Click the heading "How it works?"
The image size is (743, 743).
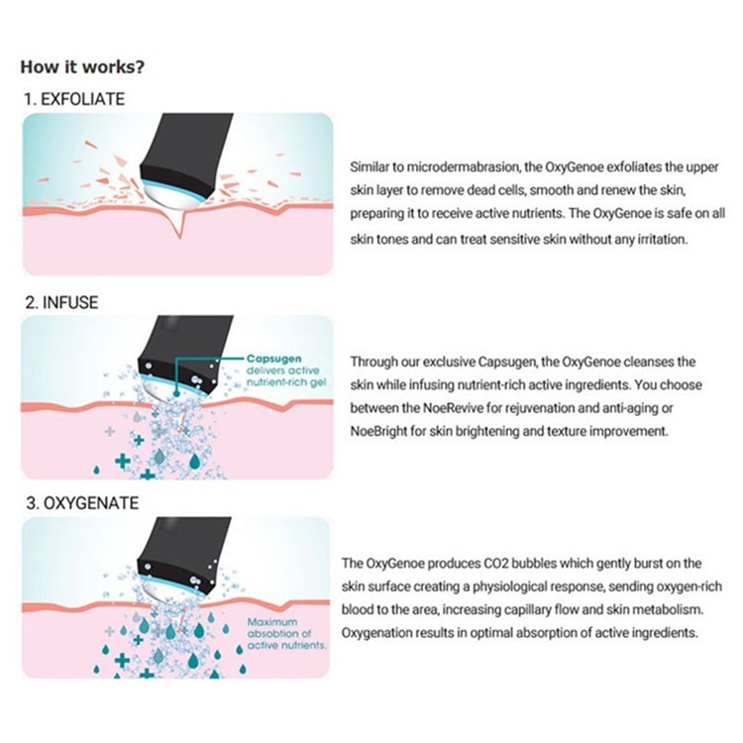tap(82, 66)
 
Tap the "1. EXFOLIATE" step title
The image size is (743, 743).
tap(74, 99)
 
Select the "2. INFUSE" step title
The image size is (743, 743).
tap(61, 302)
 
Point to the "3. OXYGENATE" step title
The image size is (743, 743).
tap(82, 502)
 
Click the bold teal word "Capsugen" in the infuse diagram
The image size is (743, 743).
tap(273, 359)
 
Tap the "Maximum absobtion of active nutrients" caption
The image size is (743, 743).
tap(286, 634)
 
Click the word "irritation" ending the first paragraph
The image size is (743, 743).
tap(662, 240)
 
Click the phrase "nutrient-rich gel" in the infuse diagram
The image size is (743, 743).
tap(286, 382)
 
